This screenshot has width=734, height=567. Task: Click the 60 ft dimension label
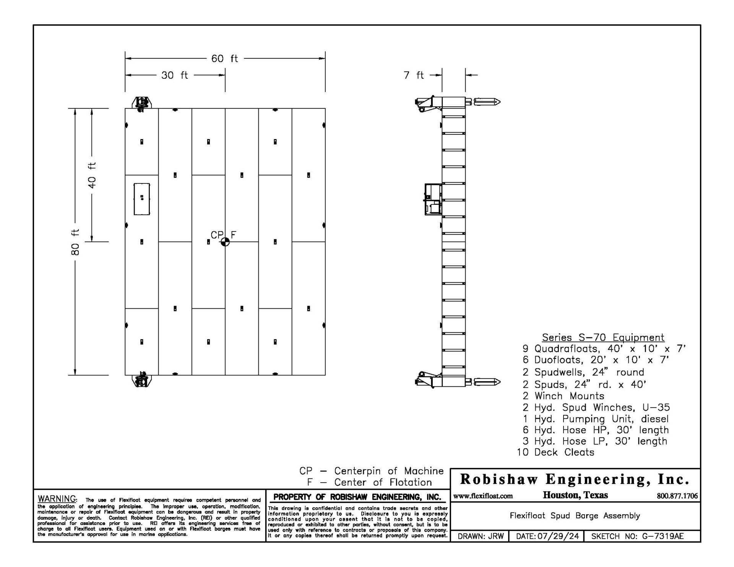[x=224, y=58]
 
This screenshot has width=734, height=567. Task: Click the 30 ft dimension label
[x=174, y=75]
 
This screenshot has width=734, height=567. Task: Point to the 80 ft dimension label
[x=76, y=242]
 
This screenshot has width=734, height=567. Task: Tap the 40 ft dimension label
[x=92, y=175]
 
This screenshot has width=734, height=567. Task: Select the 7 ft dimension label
[x=414, y=75]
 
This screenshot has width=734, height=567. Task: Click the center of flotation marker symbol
[x=225, y=242]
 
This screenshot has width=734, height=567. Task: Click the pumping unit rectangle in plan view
[x=142, y=199]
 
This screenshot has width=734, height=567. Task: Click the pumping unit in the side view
[x=433, y=199]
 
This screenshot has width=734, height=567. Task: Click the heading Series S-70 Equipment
[x=603, y=337]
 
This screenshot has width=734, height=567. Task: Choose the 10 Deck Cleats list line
[x=555, y=452]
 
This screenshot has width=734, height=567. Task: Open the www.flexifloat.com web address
[x=483, y=496]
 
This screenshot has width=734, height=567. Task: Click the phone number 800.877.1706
[x=677, y=496]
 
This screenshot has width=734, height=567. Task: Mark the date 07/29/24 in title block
[x=558, y=536]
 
